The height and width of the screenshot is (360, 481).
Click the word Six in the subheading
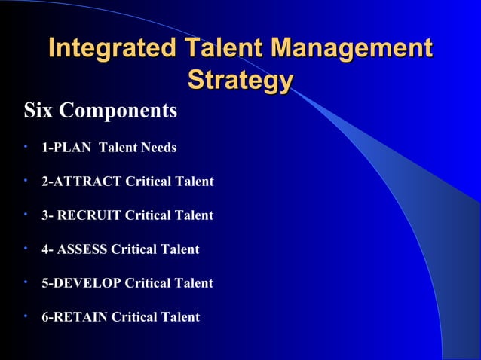[39, 111]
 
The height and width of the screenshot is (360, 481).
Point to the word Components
[118, 111]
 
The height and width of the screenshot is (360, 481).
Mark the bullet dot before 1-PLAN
[26, 145]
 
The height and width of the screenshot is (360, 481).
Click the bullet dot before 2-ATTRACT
[26, 179]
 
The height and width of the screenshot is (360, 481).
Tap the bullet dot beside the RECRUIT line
[26, 213]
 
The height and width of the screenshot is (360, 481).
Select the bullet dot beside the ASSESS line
[26, 247]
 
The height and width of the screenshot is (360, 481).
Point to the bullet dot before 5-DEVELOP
[26, 281]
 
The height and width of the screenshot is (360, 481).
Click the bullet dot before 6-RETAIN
[26, 315]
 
